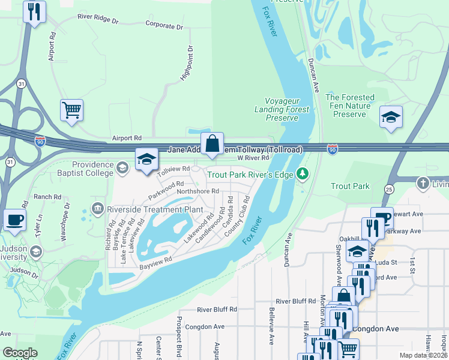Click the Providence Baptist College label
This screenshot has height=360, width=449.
[x=92, y=169]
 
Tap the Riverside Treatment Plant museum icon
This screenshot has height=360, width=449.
[x=97, y=208]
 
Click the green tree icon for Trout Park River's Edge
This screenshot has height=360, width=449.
[x=303, y=175]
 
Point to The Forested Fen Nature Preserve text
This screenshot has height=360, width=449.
[x=349, y=106]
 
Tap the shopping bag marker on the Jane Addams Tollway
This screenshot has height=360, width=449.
[x=212, y=144]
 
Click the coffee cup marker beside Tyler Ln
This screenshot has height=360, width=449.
[x=14, y=220]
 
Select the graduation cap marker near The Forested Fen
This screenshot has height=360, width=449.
[x=391, y=117]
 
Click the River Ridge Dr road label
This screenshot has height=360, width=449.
[x=98, y=19]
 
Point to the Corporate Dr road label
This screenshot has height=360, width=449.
[x=164, y=26]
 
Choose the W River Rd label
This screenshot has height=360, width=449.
[x=252, y=158]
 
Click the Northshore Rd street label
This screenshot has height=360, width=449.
[x=197, y=191]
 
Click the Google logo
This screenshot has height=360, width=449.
[x=20, y=353]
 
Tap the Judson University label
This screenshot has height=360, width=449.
[x=14, y=253]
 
